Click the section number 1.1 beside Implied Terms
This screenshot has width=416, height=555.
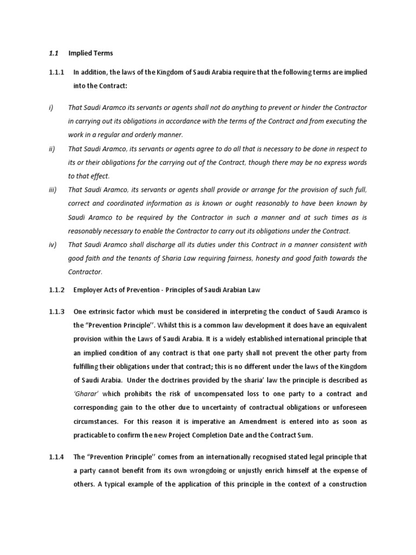(53, 53)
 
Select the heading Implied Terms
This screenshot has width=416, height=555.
(90, 53)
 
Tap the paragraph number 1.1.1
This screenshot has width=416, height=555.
(56, 72)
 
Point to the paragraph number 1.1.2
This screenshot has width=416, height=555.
(56, 290)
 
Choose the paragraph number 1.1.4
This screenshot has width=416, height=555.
(56, 457)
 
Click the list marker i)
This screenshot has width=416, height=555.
(51, 107)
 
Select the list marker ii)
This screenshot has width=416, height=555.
(51, 149)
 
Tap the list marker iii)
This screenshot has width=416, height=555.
(52, 189)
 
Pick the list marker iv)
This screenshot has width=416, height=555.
(52, 244)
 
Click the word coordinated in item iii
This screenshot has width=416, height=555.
(133, 203)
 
